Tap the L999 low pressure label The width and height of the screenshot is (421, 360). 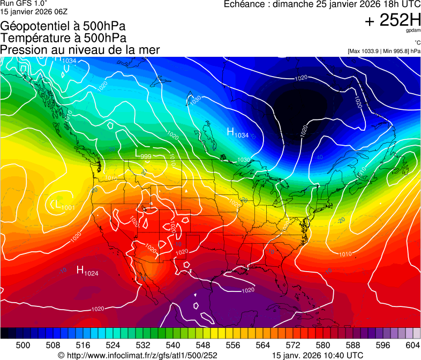pyautogui.click(x=143, y=155)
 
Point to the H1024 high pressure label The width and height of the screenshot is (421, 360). pyautogui.click(x=87, y=271)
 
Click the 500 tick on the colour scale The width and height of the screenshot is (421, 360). pyautogui.click(x=23, y=344)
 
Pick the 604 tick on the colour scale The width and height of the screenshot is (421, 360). pyautogui.click(x=413, y=344)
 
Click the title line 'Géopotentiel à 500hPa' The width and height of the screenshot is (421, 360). pyautogui.click(x=63, y=26)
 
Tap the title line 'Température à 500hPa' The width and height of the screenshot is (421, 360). pyautogui.click(x=63, y=38)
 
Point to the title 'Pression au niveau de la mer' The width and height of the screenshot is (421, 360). pyautogui.click(x=80, y=50)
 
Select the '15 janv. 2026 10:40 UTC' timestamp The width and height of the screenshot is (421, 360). pyautogui.click(x=318, y=355)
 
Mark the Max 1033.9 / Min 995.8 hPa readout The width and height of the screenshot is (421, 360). pyautogui.click(x=384, y=51)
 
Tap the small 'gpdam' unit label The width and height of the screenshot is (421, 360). pyautogui.click(x=414, y=31)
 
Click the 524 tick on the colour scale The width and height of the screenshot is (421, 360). pyautogui.click(x=112, y=344)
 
